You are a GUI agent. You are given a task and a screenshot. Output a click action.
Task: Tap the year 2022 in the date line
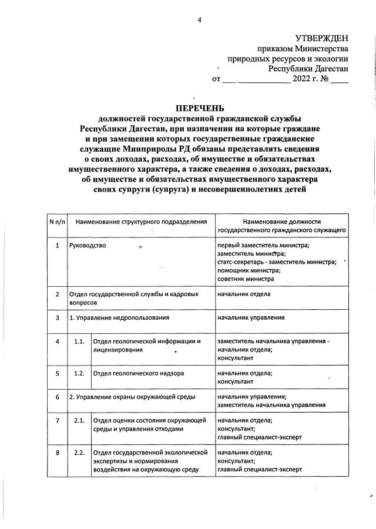click(305, 78)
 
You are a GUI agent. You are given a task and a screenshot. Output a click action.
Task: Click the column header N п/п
click(57, 222)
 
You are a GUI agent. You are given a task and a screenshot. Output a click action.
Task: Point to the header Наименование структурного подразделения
click(141, 222)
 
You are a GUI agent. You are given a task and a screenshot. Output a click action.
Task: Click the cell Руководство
click(88, 245)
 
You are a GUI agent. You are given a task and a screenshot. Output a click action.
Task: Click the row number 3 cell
click(57, 318)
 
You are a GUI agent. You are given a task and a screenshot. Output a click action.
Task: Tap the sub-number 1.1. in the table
click(79, 341)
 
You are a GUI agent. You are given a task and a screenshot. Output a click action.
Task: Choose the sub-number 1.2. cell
click(79, 373)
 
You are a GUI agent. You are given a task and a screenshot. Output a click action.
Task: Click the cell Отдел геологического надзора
click(139, 373)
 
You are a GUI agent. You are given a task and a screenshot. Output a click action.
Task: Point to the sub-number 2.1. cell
click(79, 420)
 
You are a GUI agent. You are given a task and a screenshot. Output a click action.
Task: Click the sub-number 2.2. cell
click(79, 453)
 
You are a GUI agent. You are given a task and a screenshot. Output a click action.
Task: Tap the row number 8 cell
click(57, 453)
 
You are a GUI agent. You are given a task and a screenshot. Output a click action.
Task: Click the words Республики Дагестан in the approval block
click(308, 68)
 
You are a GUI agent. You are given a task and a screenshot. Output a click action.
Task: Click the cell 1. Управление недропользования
click(119, 318)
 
